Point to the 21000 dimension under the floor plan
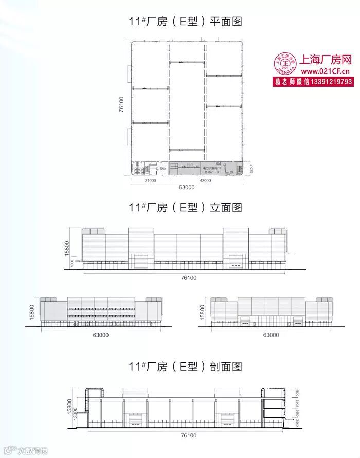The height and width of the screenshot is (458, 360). point(150,181)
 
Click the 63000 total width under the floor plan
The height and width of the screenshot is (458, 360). point(186,188)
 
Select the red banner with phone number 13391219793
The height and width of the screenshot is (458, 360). point(312,82)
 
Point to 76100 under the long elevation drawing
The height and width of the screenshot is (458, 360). point(188,277)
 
